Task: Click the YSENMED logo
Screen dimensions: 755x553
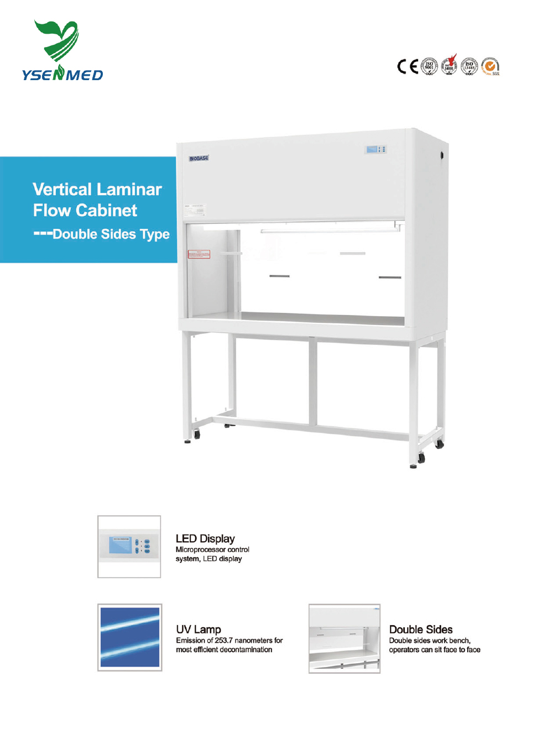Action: pos(61,51)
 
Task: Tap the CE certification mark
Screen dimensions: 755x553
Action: pos(408,66)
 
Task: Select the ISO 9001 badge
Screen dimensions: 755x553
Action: pos(429,66)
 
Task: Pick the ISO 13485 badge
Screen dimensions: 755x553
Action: pos(469,66)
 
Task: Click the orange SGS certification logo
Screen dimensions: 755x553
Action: pos(490,66)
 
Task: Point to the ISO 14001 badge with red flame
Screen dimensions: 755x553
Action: pos(450,66)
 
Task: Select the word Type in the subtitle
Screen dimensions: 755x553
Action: pos(155,234)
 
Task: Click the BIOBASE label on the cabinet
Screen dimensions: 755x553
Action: pos(199,159)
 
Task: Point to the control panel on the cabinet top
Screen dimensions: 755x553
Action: pos(376,149)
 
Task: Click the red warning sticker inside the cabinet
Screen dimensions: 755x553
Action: pos(199,254)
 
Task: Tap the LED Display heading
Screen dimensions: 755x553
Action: pos(205,538)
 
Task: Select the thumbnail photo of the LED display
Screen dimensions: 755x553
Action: pos(129,547)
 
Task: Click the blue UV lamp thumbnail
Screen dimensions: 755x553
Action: pos(130,637)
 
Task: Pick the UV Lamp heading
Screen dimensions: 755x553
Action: pos(199,629)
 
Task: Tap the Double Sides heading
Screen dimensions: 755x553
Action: pos(421,629)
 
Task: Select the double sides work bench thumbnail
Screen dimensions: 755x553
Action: pos(344,638)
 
